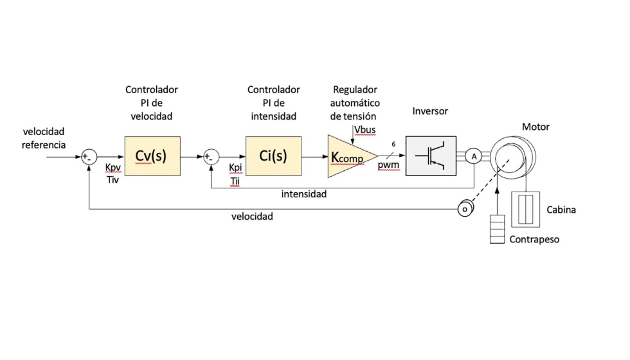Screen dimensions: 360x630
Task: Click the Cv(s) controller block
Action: pos(152,156)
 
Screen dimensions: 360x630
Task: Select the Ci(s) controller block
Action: pos(273,156)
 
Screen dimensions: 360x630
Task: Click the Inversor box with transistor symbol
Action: pos(431,156)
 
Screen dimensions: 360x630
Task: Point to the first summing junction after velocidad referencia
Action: pos(89,156)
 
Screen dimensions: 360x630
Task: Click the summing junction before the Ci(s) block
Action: pos(210,156)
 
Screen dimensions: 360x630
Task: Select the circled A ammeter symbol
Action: pos(473,156)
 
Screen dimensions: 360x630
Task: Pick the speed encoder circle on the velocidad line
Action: pos(464,208)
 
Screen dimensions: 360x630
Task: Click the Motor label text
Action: pos(535,127)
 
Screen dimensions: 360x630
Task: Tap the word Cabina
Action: pos(561,210)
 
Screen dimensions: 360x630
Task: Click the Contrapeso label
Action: pos(534,239)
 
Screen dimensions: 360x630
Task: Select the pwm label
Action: pos(388,165)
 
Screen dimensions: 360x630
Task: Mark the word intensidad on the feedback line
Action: pos(304,194)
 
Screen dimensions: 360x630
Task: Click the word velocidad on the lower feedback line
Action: pos(252,217)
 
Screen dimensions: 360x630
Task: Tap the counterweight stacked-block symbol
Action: pos(497,230)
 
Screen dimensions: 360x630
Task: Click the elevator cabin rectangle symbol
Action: pos(525,210)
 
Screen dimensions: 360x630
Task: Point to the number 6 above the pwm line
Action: pos(393,144)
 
